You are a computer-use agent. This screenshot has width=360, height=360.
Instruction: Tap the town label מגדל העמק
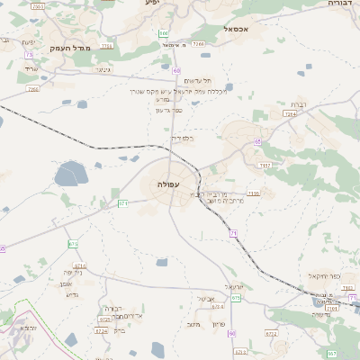(72, 48)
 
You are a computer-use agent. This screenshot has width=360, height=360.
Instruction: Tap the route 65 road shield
(257, 141)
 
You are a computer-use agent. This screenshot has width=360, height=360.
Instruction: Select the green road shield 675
(235, 297)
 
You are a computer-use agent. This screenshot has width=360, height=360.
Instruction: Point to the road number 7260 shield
(33, 89)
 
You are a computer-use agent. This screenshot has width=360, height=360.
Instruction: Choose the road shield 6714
(79, 266)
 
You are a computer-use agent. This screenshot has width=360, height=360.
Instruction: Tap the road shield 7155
(264, 166)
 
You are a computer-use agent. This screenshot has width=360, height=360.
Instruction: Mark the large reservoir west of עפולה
(70, 173)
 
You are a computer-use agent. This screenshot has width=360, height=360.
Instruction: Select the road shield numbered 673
(73, 244)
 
